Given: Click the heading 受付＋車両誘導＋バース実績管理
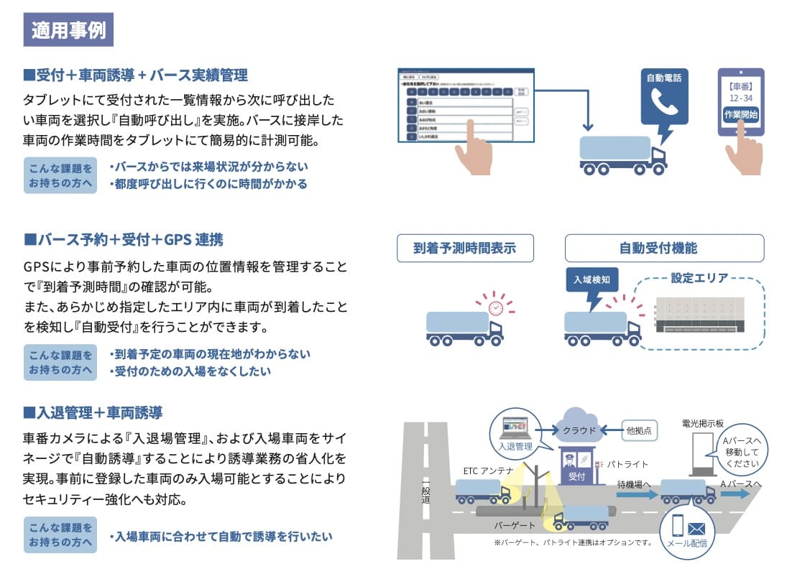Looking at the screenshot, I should point(136,75).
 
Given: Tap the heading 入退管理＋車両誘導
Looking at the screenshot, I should point(93,412).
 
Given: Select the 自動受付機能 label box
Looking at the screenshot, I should point(663,249).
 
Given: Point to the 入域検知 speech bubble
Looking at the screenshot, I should point(592,279).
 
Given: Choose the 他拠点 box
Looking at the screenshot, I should point(638,431).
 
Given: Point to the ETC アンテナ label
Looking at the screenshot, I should point(488,471).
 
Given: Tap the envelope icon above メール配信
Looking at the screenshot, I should point(696,529).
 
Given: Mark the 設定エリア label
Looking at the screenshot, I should point(699,277).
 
